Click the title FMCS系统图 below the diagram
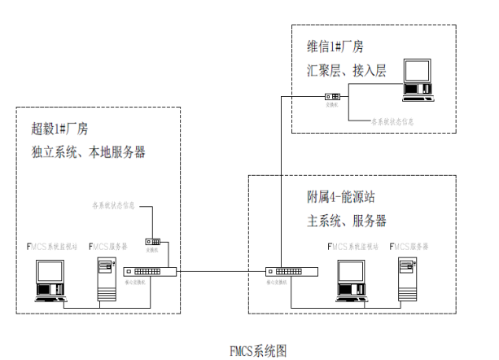tap(259, 351)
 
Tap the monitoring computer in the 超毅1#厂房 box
tap(49, 281)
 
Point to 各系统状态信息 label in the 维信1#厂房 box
tap(396, 121)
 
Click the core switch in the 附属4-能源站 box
tap(291, 272)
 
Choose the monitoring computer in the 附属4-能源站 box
tap(350, 281)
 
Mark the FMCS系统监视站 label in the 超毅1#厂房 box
tap(53, 246)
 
